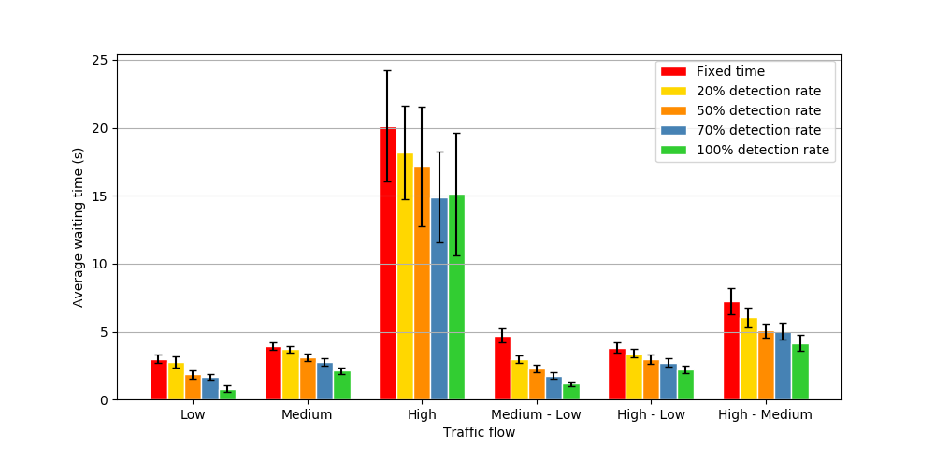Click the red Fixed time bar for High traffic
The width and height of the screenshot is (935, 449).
pyautogui.click(x=387, y=271)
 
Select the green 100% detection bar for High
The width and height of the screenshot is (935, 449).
pyautogui.click(x=456, y=299)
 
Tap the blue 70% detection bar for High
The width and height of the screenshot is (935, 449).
pyautogui.click(x=439, y=299)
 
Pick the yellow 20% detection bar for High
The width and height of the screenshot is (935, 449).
pyautogui.click(x=405, y=281)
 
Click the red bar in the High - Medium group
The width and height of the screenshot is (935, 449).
pyautogui.click(x=731, y=352)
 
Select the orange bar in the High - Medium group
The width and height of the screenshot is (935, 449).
pyautogui.click(x=766, y=366)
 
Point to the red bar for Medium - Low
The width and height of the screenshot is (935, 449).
pyautogui.click(x=502, y=369)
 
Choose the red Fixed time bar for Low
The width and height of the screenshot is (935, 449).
pyautogui.click(x=159, y=380)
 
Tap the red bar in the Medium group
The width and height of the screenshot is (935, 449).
pyautogui.click(x=273, y=373)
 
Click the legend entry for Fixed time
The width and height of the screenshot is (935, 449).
pyautogui.click(x=730, y=71)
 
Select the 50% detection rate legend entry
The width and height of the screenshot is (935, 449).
pyautogui.click(x=758, y=110)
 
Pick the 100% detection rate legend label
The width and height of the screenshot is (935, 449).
pyautogui.click(x=762, y=150)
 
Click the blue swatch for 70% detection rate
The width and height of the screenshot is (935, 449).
pyautogui.click(x=673, y=130)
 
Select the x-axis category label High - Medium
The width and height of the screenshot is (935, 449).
pyautogui.click(x=765, y=414)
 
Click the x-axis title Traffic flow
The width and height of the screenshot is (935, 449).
pyautogui.click(x=479, y=432)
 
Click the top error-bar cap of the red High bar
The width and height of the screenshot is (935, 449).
pyautogui.click(x=387, y=70)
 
